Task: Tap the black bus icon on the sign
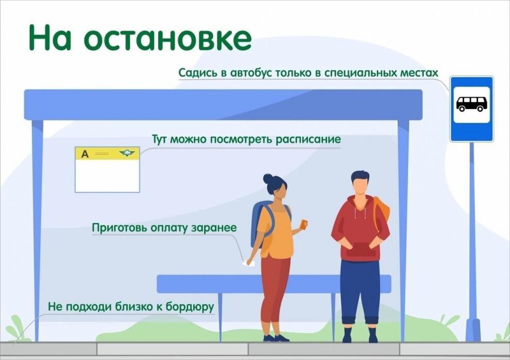tap(471, 104)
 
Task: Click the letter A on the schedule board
tap(85, 154)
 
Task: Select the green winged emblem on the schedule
tap(127, 153)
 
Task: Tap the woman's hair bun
tap(268, 178)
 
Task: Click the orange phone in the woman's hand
tap(304, 224)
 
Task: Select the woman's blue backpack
tap(257, 224)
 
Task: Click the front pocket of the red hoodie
tap(360, 249)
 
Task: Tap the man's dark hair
tap(360, 177)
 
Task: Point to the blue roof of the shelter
tap(223, 104)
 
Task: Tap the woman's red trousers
tap(275, 293)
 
